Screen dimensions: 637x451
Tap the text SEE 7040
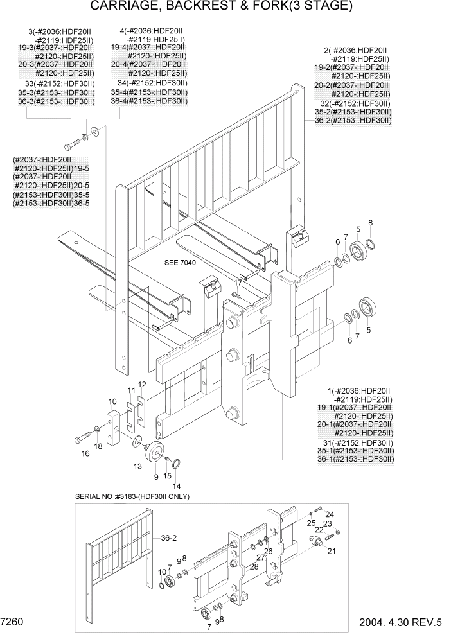pos(180,263)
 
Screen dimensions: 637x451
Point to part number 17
pos(238,282)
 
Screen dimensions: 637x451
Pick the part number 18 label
pos(98,446)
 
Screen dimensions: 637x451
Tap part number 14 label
pos(176,486)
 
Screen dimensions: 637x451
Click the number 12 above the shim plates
pos(142,384)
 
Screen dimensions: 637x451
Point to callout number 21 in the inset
pos(332,551)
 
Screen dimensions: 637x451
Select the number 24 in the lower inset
pos(329,514)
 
